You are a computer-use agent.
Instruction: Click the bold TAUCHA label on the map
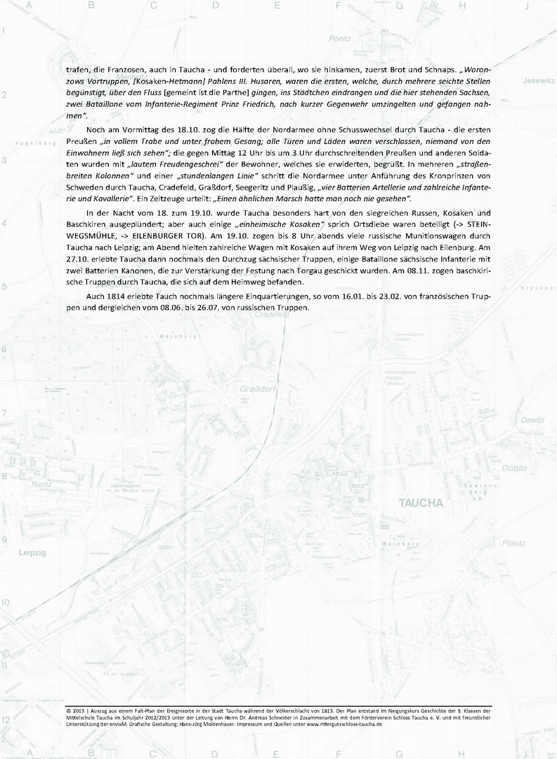(x=420, y=503)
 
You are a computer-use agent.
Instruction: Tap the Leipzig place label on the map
(x=32, y=553)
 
